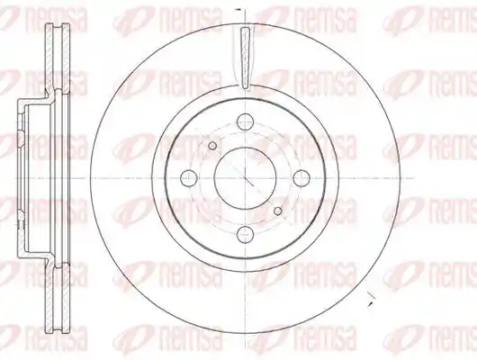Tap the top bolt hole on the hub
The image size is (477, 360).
click(245, 121)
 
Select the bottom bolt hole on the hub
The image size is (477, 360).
click(245, 234)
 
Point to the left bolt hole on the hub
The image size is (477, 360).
click(189, 178)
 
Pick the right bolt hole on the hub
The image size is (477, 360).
click(301, 177)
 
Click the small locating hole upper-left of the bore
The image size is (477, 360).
click(212, 146)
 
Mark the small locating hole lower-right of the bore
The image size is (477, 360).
click(278, 211)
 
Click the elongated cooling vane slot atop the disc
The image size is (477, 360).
click(245, 58)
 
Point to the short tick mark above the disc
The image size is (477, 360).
click(238, 9)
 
